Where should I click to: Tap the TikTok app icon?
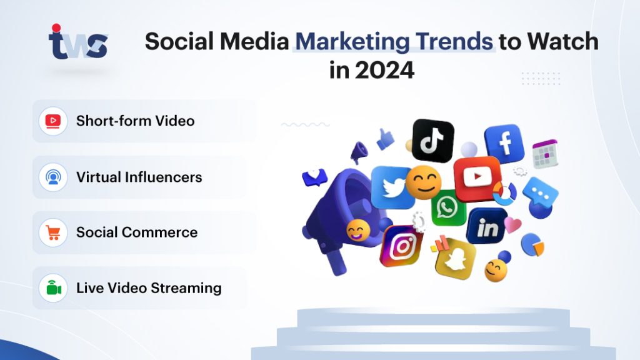(x=432, y=141)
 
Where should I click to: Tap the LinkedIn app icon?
(x=487, y=227)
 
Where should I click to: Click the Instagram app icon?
(x=401, y=246)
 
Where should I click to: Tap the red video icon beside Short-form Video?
(x=53, y=121)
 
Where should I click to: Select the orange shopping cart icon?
(x=53, y=232)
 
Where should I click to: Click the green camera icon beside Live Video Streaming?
(x=53, y=288)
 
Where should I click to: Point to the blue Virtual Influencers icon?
(x=53, y=177)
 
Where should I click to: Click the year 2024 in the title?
(x=384, y=70)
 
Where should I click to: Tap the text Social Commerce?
(x=137, y=232)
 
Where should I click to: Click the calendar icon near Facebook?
(x=544, y=154)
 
